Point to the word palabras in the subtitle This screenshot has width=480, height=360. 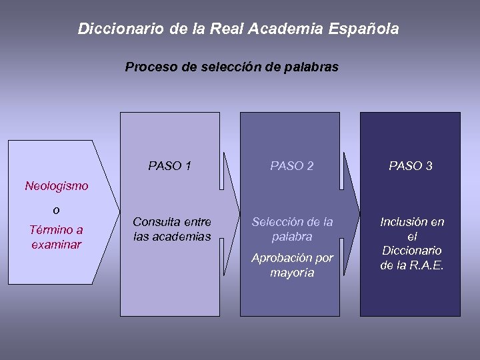pos(313,67)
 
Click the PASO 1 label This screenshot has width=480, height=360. pos(170,165)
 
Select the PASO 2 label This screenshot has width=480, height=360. pos(291,165)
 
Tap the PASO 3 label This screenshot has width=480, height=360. pos(411,165)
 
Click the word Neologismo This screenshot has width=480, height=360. pos(56,186)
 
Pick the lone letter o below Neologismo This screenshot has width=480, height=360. pos(56,210)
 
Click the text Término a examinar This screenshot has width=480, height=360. pos(56,237)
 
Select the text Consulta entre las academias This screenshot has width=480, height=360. pos(172,229)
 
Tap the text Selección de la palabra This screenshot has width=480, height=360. pos(291,229)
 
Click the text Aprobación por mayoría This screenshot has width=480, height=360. pos(291,265)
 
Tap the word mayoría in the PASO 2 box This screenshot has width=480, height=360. pos(291,273)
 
